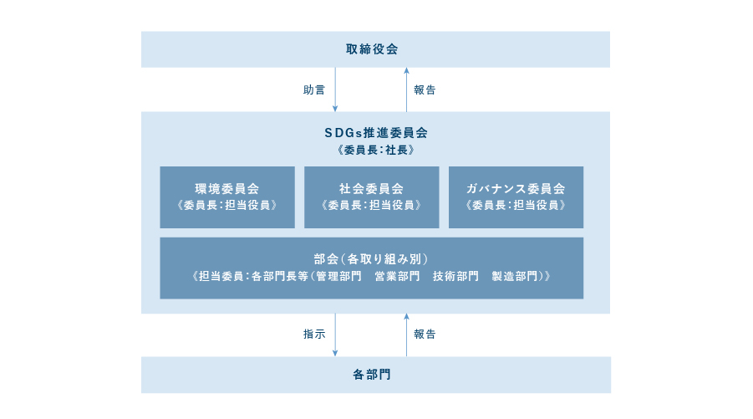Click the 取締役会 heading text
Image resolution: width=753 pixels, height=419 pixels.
click(372, 49)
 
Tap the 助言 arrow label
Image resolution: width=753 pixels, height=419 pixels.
click(314, 89)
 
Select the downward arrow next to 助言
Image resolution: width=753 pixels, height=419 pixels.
click(335, 89)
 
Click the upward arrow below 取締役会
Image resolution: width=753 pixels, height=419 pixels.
click(406, 89)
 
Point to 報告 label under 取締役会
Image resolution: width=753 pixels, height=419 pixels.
click(425, 89)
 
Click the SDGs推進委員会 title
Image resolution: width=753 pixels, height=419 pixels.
click(376, 133)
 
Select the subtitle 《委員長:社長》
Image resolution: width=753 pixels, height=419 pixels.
click(376, 150)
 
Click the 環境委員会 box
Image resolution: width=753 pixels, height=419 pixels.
click(227, 197)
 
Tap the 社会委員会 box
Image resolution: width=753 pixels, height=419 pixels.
click(372, 197)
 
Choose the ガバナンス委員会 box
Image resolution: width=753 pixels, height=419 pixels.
click(516, 197)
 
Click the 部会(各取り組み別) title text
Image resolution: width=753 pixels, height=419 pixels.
click(371, 259)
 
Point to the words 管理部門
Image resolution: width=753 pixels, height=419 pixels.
click(338, 276)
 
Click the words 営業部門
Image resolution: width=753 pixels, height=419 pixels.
click(397, 276)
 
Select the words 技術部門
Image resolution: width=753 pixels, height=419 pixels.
click(455, 276)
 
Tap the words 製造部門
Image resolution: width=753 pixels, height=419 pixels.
click(514, 276)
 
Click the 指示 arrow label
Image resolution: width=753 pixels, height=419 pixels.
click(314, 334)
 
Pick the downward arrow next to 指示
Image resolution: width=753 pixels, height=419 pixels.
click(335, 335)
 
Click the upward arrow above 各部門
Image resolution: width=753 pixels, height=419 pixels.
click(406, 335)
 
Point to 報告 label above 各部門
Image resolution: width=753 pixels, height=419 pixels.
click(425, 334)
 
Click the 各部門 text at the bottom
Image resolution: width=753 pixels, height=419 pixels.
click(372, 375)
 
